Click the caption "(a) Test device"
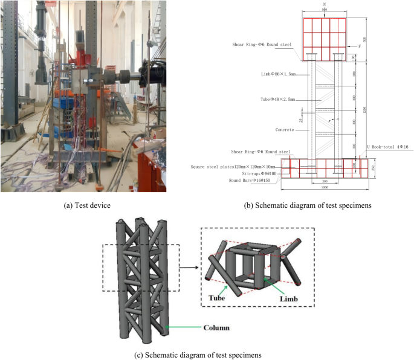(x=88, y=205)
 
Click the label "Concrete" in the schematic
(x=285, y=130)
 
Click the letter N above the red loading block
(x=325, y=5)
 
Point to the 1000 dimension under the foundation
(x=325, y=188)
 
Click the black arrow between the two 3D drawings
(x=187, y=263)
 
